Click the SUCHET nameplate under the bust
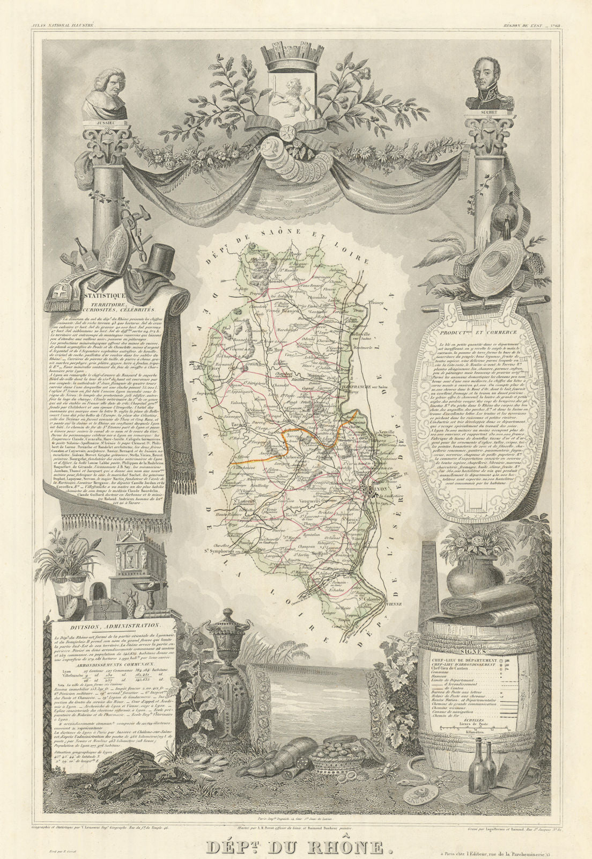pyautogui.click(x=486, y=113)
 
